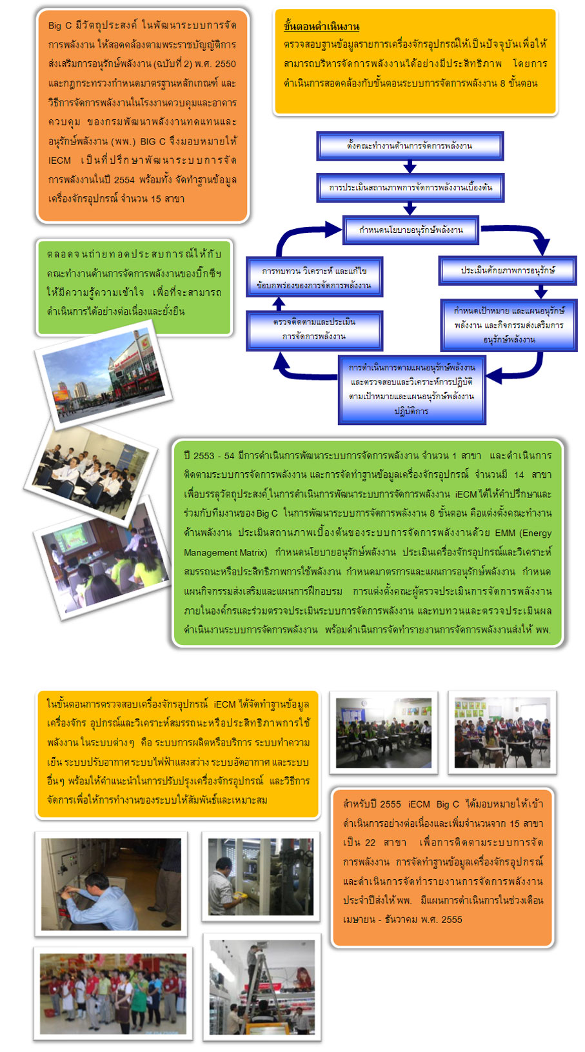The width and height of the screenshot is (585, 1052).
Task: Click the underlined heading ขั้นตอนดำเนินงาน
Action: coord(321,26)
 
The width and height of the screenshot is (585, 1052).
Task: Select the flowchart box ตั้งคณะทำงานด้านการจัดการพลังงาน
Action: coord(410,146)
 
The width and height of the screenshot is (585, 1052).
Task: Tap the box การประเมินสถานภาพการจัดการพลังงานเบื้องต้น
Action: coord(410,188)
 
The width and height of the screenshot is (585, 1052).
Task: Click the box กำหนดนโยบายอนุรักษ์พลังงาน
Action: coord(411,230)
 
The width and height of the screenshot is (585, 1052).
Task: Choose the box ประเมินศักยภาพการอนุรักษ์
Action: coord(508,270)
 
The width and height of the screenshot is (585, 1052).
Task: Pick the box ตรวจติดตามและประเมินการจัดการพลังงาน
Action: coord(314,329)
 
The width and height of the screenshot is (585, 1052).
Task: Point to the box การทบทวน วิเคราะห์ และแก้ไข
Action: coord(314,277)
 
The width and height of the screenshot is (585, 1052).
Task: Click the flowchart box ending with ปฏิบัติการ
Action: coord(411,390)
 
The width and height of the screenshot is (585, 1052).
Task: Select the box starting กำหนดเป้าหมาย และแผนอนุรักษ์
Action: coord(508,325)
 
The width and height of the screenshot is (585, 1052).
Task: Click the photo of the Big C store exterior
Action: coord(104,374)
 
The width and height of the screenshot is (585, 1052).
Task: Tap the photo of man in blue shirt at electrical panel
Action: coord(112,884)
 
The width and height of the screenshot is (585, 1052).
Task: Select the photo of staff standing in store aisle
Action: coord(113,993)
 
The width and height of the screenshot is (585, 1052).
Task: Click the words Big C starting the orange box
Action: coord(60,26)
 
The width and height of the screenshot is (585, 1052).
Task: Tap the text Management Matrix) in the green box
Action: coord(225,553)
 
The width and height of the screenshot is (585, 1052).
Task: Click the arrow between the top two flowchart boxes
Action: coord(410,167)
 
